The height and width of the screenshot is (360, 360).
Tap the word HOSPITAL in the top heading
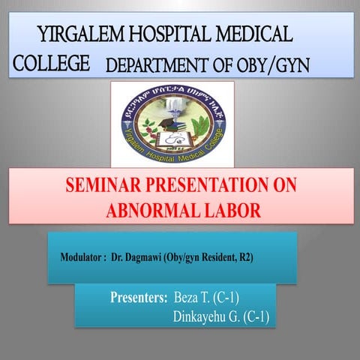(x=166, y=33)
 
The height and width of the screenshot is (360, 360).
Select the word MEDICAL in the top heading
(x=252, y=33)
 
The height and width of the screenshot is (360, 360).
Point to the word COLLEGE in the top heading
(x=51, y=63)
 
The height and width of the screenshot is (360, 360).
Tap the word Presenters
(x=138, y=297)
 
